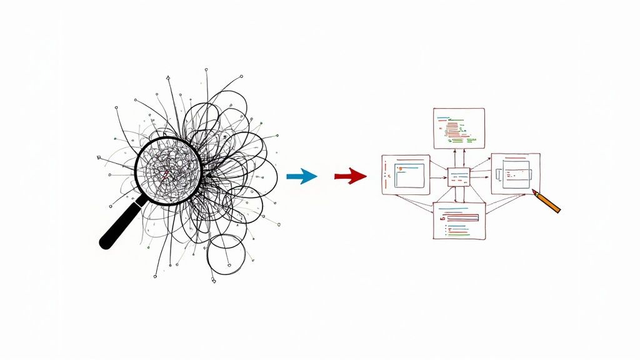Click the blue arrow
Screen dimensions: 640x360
301,177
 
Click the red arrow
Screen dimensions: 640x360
351,177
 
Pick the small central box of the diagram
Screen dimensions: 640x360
459,177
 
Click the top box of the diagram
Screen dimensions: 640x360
459,128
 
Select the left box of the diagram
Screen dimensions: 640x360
406,174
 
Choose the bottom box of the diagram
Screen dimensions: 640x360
459,220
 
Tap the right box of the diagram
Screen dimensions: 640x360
515,173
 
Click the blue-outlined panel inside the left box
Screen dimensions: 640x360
409,175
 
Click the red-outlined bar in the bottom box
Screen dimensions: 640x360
462,217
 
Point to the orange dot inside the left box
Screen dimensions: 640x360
389,177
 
